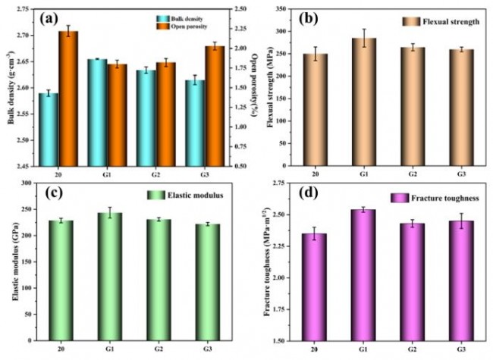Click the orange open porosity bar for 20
point(68,99)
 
